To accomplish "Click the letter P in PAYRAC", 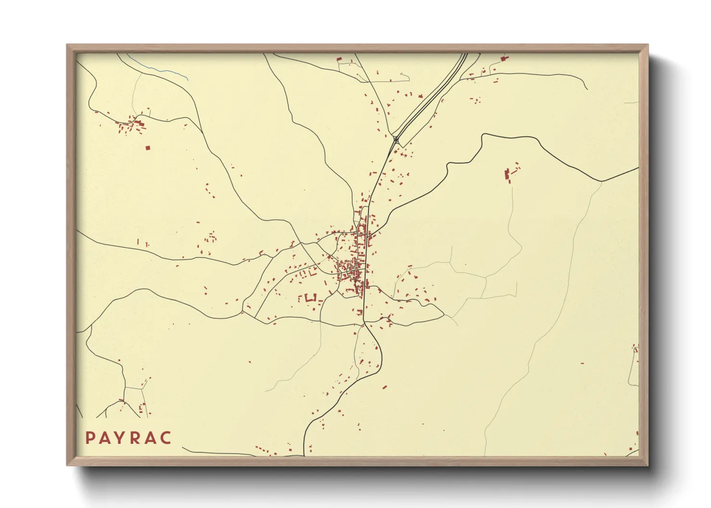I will [x=90, y=438].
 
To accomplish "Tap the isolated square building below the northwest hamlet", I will [x=148, y=148].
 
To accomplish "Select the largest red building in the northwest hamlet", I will [x=141, y=123].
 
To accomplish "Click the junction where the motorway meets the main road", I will [x=395, y=139].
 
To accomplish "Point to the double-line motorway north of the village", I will [x=432, y=96].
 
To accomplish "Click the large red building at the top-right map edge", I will [x=504, y=58].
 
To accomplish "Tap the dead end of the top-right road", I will [x=587, y=89].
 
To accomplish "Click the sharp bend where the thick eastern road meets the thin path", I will [x=601, y=181].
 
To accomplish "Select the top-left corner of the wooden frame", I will [x=68, y=45].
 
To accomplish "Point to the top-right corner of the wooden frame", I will [x=648, y=45].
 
